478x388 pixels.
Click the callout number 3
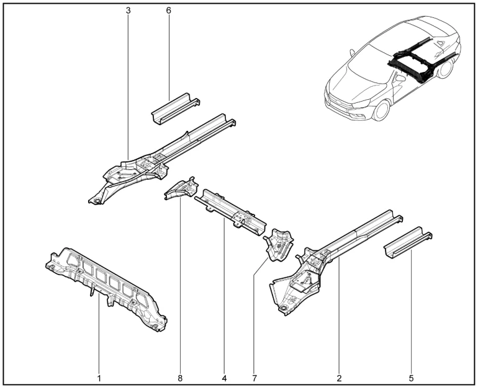click(x=128, y=11)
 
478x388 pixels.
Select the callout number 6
click(x=169, y=11)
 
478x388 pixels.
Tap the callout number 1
click(x=99, y=378)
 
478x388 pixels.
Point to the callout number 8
click(x=180, y=378)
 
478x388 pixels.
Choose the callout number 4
click(x=224, y=378)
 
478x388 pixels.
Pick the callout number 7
click(x=255, y=378)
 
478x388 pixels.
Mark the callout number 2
click(x=340, y=378)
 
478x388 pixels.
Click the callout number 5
click(x=411, y=378)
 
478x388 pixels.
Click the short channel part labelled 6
click(x=175, y=108)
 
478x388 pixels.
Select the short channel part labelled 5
click(x=408, y=242)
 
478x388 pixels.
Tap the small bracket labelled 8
click(x=181, y=188)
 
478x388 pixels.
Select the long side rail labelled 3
click(x=161, y=158)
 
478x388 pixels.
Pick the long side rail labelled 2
click(x=335, y=262)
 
